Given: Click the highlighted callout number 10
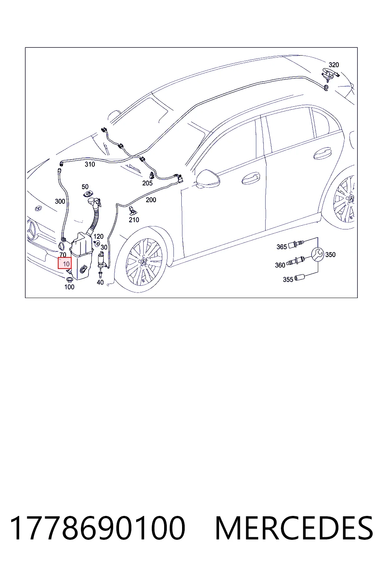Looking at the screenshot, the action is (x=66, y=264).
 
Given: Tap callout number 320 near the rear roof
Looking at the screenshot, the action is (x=334, y=65).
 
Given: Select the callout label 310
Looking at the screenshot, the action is (x=90, y=164).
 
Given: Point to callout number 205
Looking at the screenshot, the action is (x=147, y=183).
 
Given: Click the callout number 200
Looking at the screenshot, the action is (x=151, y=200).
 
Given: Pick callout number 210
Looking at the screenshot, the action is (x=134, y=220).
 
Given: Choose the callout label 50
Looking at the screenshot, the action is (x=85, y=187).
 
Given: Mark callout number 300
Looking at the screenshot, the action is (x=60, y=201).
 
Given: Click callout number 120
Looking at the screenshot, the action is (x=98, y=237).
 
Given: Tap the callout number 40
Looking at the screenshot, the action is (x=100, y=282).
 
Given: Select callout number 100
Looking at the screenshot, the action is (x=69, y=287).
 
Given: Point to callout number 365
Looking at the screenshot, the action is (x=281, y=247).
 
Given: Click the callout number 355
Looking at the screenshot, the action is (x=288, y=279).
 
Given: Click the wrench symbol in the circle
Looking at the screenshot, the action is (x=317, y=254).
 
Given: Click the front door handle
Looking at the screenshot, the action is (x=251, y=178).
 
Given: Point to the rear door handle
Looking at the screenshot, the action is (x=322, y=153).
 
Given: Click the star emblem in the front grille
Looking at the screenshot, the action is (x=31, y=230).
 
